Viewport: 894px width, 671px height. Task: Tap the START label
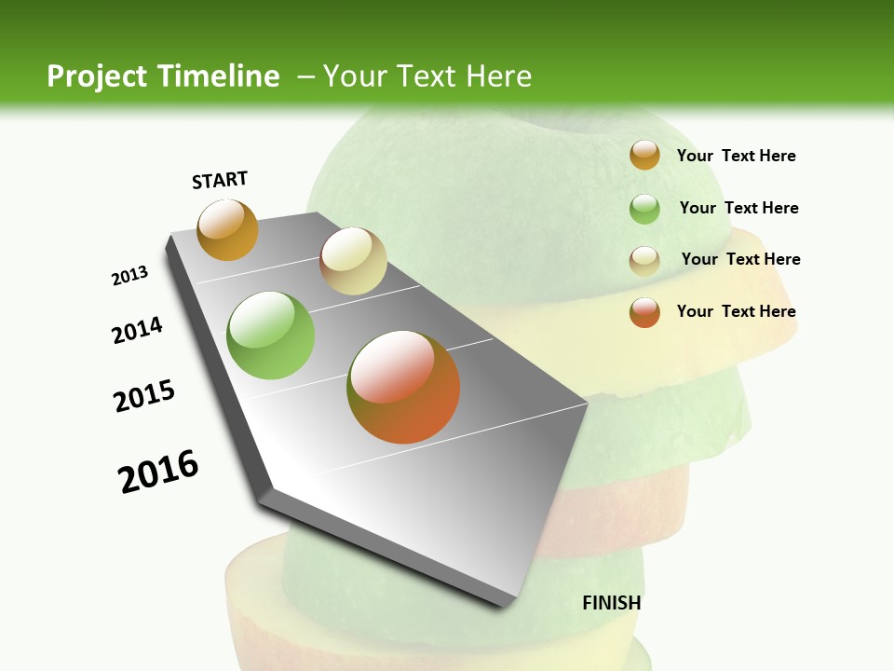pyautogui.click(x=220, y=180)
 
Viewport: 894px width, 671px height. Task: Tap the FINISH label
pyautogui.click(x=611, y=603)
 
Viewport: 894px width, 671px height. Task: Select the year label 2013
pyautogui.click(x=129, y=276)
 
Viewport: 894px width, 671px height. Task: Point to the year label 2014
pyautogui.click(x=137, y=331)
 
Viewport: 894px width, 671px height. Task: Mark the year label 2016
pyautogui.click(x=158, y=472)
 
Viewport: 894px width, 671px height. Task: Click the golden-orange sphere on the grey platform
pyautogui.click(x=227, y=230)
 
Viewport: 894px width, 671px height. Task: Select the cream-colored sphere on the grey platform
pyautogui.click(x=353, y=261)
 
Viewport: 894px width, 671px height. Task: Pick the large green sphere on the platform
pyautogui.click(x=271, y=335)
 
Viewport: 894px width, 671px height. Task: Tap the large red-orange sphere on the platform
pyautogui.click(x=403, y=387)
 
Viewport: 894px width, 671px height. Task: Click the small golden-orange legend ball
pyautogui.click(x=644, y=155)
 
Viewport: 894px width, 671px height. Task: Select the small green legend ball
pyautogui.click(x=644, y=209)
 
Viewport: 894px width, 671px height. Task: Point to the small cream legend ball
pyautogui.click(x=644, y=261)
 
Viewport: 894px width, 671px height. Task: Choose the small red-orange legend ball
pyautogui.click(x=644, y=312)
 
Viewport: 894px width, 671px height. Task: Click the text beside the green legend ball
pyautogui.click(x=738, y=208)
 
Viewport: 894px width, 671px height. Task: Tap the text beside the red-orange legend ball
pyautogui.click(x=736, y=311)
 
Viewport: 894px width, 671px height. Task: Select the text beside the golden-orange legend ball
pyautogui.click(x=736, y=156)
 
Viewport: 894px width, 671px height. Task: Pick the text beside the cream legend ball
pyautogui.click(x=740, y=259)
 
